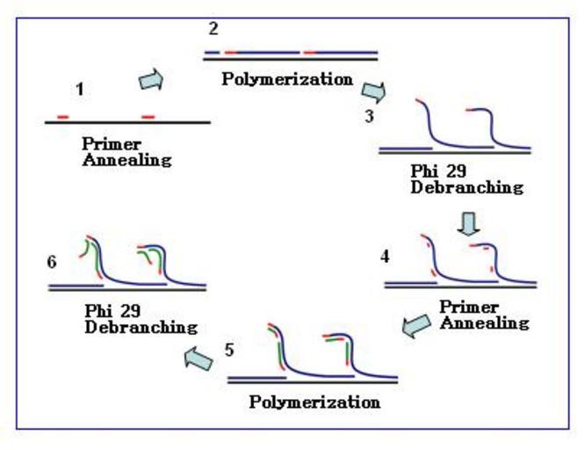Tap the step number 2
tap(213, 30)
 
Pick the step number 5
tap(229, 349)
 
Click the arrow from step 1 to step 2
tap(151, 81)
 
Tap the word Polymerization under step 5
tap(315, 403)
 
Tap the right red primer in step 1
tap(148, 117)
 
